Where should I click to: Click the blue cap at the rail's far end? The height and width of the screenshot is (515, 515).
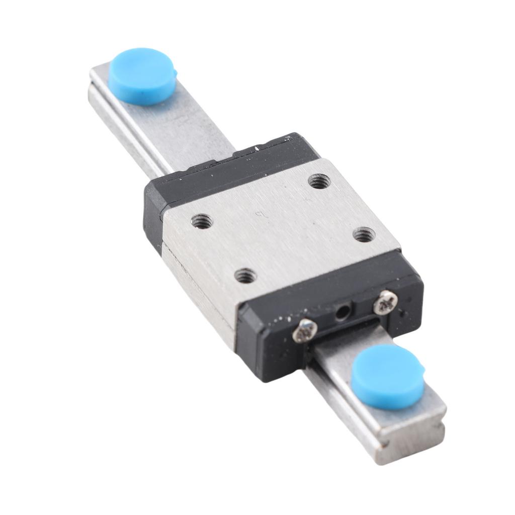click(142, 76)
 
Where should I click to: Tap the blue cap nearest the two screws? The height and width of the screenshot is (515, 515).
click(387, 376)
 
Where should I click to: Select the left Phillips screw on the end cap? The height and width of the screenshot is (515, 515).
click(305, 331)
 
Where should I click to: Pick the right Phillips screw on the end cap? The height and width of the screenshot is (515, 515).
click(385, 302)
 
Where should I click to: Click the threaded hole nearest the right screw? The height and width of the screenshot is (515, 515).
click(364, 234)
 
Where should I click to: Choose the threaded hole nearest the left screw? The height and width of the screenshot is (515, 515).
click(245, 275)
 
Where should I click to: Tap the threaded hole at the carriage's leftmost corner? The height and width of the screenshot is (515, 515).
click(202, 220)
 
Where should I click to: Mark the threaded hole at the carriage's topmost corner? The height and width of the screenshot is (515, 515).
click(319, 181)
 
